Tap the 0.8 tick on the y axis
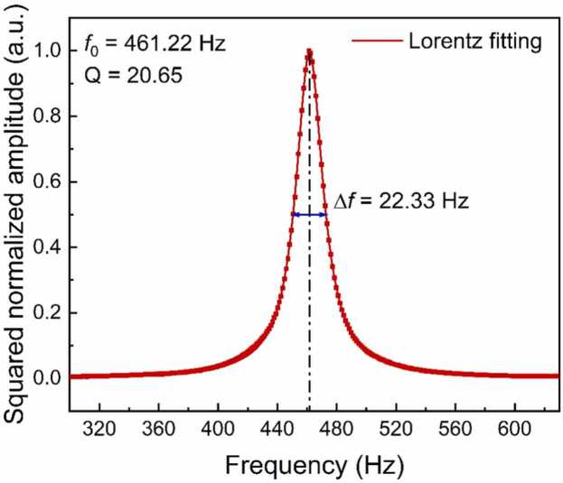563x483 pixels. pos(50,116)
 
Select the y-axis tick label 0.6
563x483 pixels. pos(50,181)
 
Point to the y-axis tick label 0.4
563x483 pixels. pos(50,246)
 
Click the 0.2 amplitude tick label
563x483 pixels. pos(50,312)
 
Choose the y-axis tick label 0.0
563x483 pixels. pos(50,377)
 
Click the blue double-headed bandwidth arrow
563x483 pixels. pos(309,214)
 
